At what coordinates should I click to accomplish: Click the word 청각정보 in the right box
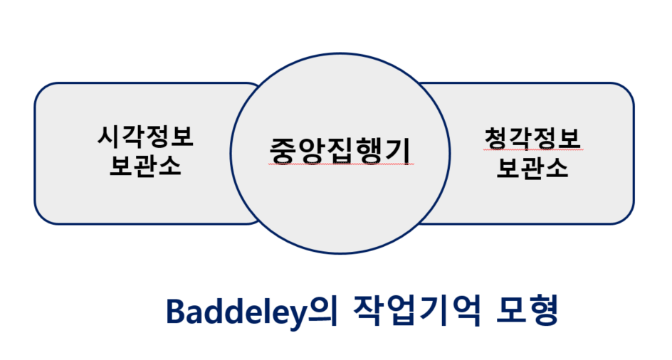[532, 136]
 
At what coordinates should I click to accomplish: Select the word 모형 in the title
[527, 311]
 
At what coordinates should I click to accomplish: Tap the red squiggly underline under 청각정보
[532, 150]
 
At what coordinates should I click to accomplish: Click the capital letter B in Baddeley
[175, 312]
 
